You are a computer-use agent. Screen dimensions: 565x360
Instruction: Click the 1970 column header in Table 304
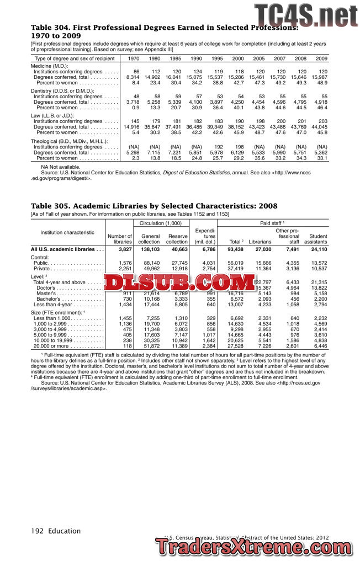coord(133,58)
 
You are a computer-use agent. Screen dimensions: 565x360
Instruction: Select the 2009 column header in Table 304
coord(321,58)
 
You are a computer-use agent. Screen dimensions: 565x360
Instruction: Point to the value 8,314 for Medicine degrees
coord(133,77)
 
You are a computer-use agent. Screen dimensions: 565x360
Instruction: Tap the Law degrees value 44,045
coord(320,127)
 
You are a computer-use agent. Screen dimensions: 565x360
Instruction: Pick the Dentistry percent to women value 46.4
coord(321,108)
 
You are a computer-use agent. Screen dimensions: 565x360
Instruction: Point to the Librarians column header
coord(260,242)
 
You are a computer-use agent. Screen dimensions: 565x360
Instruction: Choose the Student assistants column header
coord(315,239)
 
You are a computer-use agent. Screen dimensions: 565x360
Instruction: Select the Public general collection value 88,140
coord(151,263)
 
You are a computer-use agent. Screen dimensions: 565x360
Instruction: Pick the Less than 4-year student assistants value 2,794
coord(319,305)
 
